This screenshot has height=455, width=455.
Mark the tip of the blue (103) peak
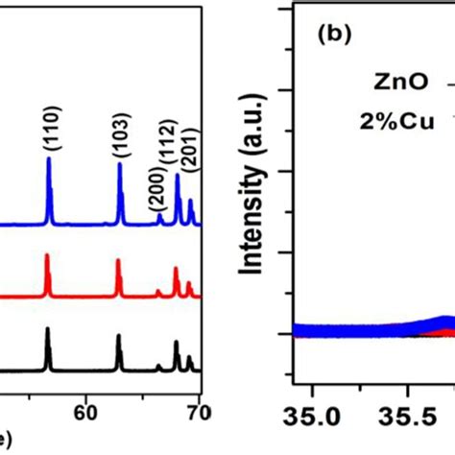click(120, 164)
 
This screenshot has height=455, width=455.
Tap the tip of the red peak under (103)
click(118, 260)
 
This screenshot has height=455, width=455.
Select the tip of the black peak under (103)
click(118, 335)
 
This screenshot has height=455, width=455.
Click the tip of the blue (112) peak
click(178, 174)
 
